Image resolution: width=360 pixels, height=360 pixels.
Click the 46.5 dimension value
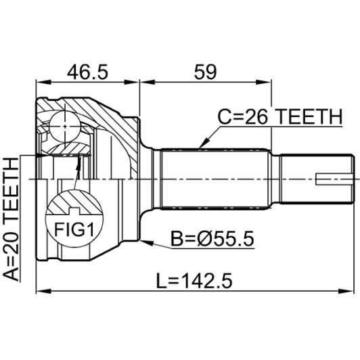87,72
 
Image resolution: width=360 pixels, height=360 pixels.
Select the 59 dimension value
205,72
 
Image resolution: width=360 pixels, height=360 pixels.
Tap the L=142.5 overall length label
194,281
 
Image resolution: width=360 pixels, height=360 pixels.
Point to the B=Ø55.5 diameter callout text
212,239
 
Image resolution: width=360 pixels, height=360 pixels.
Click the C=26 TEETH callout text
280,116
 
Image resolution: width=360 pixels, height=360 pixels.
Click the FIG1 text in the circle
74,229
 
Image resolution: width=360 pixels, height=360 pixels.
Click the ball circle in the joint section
65,126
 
